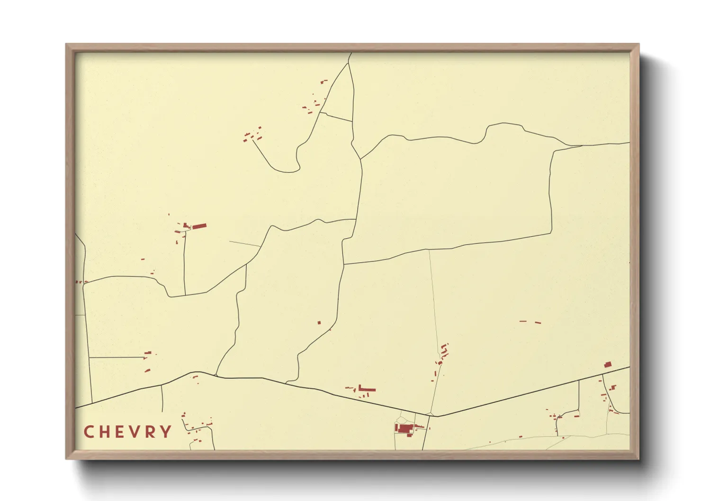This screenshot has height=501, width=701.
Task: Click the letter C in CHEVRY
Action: tap(89, 432)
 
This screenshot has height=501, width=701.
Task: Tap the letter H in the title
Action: tap(105, 432)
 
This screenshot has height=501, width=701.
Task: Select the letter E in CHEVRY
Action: tap(120, 432)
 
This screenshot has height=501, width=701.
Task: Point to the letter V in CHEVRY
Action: tap(135, 432)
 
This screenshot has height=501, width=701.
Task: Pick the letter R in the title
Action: tap(151, 432)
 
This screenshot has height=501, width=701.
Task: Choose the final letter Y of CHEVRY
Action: tap(166, 432)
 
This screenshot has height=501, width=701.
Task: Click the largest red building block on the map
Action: tap(404, 429)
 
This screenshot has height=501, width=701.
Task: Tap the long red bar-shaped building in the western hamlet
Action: tap(199, 226)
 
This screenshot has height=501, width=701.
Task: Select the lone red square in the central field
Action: tap(319, 322)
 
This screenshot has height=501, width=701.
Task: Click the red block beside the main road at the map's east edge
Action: tap(608, 364)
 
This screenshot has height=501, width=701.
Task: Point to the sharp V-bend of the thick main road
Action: tap(436, 416)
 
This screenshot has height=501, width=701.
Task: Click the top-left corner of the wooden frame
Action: tap(66, 45)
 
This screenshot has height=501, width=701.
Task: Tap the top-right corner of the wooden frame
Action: tap(638, 45)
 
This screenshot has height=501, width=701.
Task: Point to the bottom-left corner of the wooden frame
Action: tap(66, 458)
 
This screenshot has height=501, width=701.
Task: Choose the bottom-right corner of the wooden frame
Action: tap(638, 458)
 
